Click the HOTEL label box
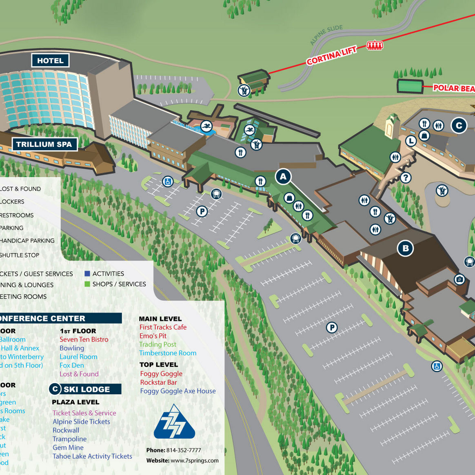tap(50, 61)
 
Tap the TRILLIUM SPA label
tap(44, 144)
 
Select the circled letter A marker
tap(283, 177)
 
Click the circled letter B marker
tap(406, 248)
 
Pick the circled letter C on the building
tap(459, 126)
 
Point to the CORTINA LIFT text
tap(331, 55)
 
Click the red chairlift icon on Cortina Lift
tap(375, 45)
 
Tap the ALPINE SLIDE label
tap(326, 35)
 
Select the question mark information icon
tap(405, 178)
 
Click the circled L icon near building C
tap(411, 141)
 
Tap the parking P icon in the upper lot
tap(202, 211)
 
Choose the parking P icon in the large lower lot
tap(332, 327)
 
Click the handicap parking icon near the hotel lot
tap(168, 181)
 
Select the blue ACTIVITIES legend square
tap(87, 273)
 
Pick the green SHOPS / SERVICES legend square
tap(87, 284)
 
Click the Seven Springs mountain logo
tap(174, 422)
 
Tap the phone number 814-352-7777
tap(184, 450)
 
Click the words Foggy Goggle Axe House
tap(178, 391)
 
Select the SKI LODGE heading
tap(87, 389)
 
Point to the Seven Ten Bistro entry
tap(84, 340)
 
